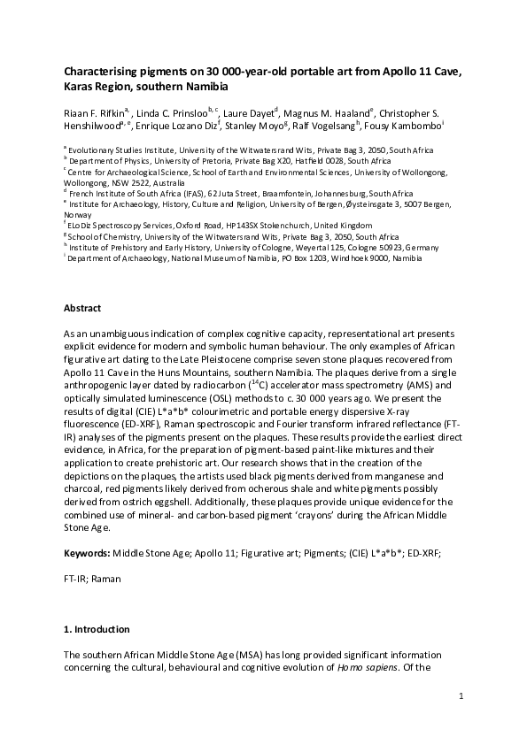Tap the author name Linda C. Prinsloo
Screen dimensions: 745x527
pos(169,113)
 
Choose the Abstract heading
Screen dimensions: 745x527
pos(82,308)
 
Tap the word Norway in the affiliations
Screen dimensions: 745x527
pos(77,215)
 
